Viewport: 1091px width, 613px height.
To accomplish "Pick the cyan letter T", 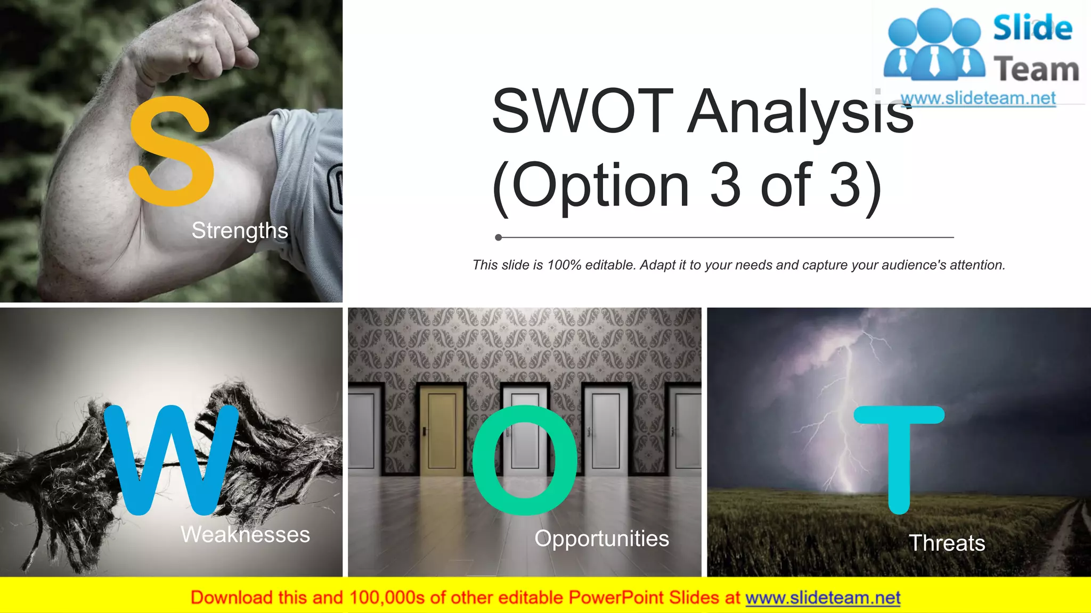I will tap(899, 458).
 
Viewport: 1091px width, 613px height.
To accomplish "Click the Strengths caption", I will tap(240, 230).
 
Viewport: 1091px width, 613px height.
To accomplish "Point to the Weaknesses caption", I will tap(245, 534).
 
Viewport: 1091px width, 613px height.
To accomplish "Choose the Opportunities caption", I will tap(601, 539).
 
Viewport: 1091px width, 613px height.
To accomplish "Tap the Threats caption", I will tap(947, 543).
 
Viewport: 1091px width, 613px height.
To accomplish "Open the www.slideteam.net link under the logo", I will tap(978, 98).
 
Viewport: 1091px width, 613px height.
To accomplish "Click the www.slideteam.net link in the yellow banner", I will tap(823, 598).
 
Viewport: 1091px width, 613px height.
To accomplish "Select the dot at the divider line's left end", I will tap(498, 237).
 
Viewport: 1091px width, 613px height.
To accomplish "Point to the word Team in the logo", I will tap(1036, 69).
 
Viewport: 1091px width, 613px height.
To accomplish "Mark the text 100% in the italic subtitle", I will tap(564, 265).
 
